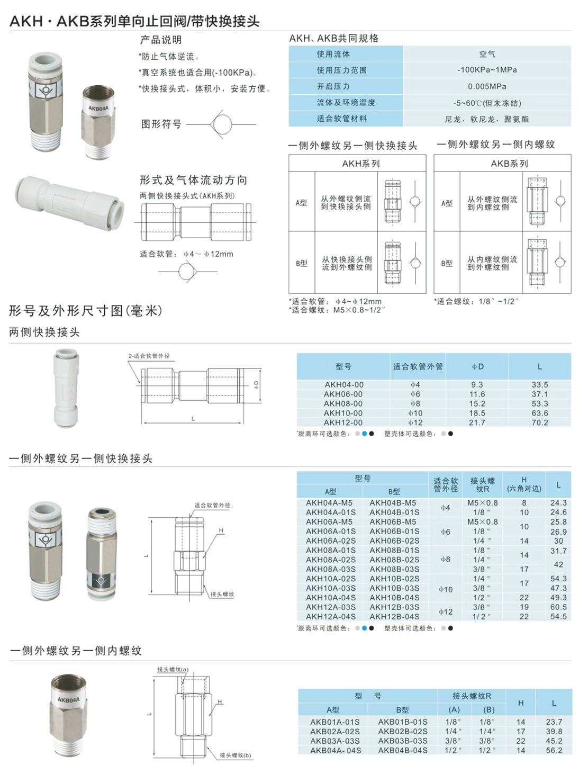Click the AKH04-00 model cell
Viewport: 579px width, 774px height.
(x=343, y=385)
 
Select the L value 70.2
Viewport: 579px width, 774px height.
(x=540, y=422)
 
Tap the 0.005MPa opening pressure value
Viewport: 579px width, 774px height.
(x=487, y=86)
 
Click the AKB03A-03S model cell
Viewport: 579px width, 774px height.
(x=334, y=741)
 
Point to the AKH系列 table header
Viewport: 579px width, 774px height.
(x=361, y=164)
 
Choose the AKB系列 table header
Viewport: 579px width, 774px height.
(x=509, y=164)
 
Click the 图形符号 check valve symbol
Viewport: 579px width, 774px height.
(x=221, y=124)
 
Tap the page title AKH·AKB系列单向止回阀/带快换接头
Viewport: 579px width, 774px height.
(x=134, y=21)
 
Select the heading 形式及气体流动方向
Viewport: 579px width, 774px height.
(x=193, y=180)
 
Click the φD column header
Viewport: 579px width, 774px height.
(x=477, y=366)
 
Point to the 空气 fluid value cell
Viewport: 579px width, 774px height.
(x=487, y=54)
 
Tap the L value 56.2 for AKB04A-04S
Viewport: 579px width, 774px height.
(x=554, y=750)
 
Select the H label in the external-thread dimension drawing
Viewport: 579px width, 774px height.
(x=221, y=530)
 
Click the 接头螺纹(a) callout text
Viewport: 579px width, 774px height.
(x=173, y=670)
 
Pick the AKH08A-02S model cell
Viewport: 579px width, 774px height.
(x=331, y=560)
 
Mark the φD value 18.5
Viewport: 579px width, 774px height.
(x=477, y=413)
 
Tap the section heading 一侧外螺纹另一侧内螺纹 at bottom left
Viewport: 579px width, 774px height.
(x=76, y=651)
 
